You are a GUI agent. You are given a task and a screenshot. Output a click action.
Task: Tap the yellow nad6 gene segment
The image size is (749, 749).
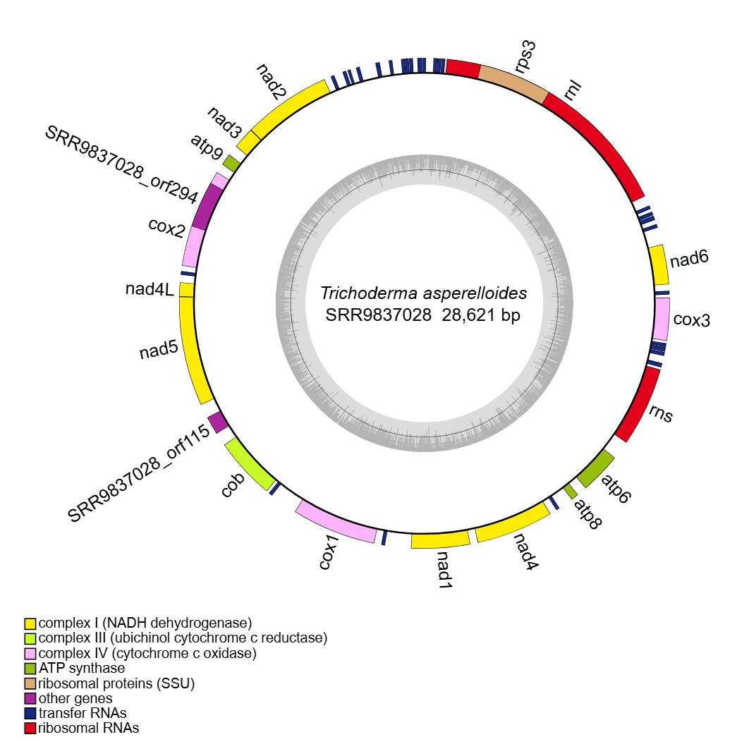click(659, 264)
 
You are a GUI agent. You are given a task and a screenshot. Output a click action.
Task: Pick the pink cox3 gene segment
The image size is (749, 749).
click(662, 319)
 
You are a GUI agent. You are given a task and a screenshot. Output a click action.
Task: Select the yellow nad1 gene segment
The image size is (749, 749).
click(441, 540)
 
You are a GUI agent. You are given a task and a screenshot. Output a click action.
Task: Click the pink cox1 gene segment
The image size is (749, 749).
click(336, 522)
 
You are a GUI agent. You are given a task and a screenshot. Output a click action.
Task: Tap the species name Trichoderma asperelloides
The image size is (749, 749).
click(423, 293)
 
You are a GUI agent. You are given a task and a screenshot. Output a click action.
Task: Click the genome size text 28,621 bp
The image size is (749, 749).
click(481, 315)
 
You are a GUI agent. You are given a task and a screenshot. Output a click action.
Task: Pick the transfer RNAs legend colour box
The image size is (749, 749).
click(30, 713)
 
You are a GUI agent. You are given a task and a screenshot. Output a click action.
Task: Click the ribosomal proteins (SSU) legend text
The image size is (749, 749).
click(116, 683)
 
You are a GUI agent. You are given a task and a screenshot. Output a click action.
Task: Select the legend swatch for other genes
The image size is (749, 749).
click(30, 698)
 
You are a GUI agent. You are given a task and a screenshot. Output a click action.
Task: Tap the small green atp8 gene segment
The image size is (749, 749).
click(571, 489)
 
